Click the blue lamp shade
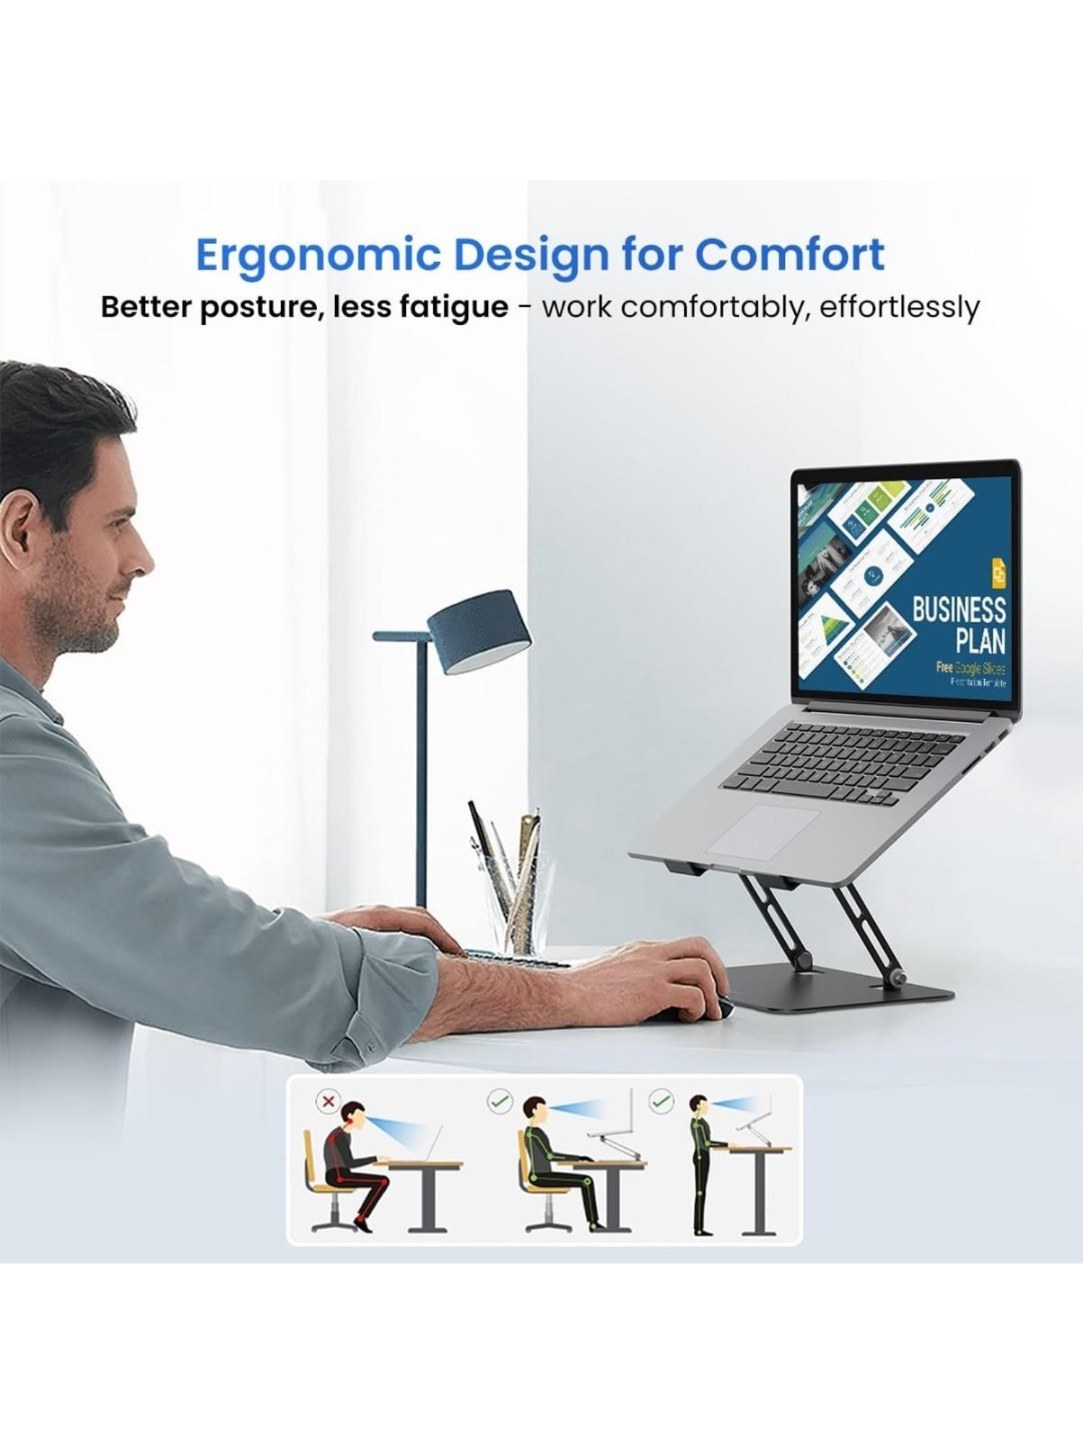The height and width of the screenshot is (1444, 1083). pyautogui.click(x=479, y=632)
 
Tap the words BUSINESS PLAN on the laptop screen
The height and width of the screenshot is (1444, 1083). pyautogui.click(x=959, y=625)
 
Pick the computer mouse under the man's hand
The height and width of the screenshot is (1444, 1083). pyautogui.click(x=693, y=1011)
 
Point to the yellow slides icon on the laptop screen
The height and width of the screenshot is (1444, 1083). pyautogui.click(x=999, y=573)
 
